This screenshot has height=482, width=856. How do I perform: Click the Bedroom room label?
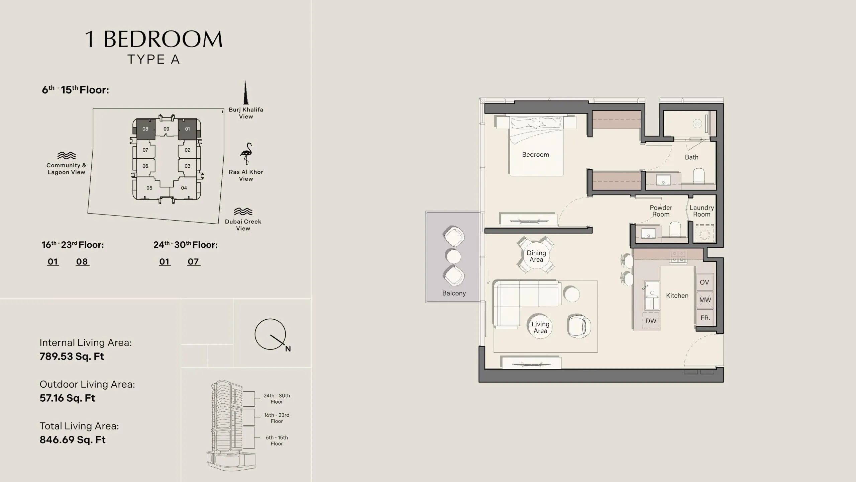pyautogui.click(x=535, y=155)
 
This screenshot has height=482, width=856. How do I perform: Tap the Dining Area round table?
pyautogui.click(x=536, y=256)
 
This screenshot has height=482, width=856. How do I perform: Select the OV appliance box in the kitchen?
pyautogui.click(x=705, y=282)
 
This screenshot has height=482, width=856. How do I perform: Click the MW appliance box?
pyautogui.click(x=705, y=300)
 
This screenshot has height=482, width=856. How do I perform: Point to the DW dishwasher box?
pyautogui.click(x=651, y=321)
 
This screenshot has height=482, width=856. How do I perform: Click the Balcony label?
pyautogui.click(x=454, y=293)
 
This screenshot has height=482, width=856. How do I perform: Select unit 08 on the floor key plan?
pyautogui.click(x=145, y=129)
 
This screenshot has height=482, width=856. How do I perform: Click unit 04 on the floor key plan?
pyautogui.click(x=184, y=188)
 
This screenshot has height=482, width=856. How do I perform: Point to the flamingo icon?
pyautogui.click(x=246, y=154)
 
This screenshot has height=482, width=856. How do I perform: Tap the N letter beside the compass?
pyautogui.click(x=288, y=349)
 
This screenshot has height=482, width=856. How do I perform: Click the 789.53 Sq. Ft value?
pyautogui.click(x=72, y=356)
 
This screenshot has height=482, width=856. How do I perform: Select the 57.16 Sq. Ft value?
pyautogui.click(x=67, y=398)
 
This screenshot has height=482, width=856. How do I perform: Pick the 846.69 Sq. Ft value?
pyautogui.click(x=73, y=439)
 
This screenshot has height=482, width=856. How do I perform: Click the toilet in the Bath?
pyautogui.click(x=699, y=176)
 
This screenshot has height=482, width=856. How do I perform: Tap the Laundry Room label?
pyautogui.click(x=702, y=211)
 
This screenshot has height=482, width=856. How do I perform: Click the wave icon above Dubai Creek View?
pyautogui.click(x=243, y=211)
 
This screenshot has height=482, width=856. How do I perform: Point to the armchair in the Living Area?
pyautogui.click(x=579, y=326)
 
